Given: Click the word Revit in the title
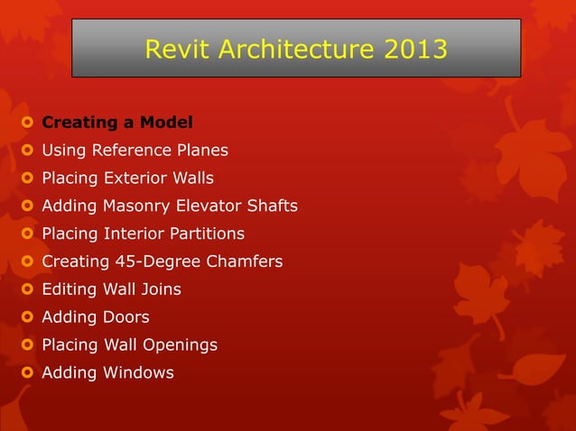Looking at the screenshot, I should [172, 49].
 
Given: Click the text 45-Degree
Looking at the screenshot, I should [158, 261].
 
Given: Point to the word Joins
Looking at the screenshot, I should [158, 289].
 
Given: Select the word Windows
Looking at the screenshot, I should [138, 372].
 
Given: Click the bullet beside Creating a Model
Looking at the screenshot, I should [28, 122].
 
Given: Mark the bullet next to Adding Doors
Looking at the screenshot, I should [28, 317].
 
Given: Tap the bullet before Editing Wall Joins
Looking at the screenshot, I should [28, 289].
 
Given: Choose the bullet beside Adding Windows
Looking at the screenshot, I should [28, 372].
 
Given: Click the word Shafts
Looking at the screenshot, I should [272, 206].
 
